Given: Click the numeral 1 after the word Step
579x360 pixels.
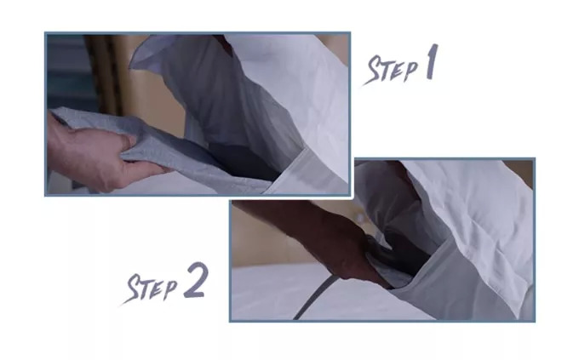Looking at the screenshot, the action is coord(432,61).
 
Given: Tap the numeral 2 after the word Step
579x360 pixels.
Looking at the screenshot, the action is coord(196,280).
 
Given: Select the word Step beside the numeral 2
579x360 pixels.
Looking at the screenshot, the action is coord(151,289).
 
